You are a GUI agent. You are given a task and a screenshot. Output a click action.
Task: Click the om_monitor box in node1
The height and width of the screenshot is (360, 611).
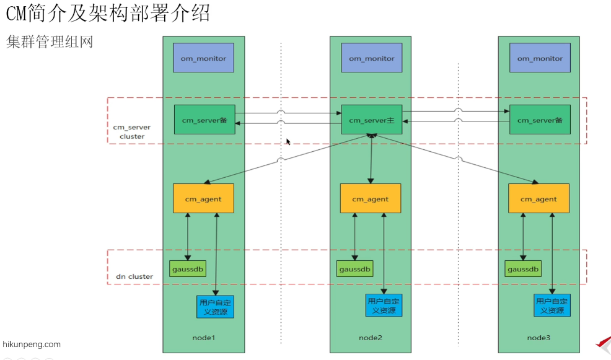204,58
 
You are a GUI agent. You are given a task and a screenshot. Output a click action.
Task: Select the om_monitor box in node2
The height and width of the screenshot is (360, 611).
371,58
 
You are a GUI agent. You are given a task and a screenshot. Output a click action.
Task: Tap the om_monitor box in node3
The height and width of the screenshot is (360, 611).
539,58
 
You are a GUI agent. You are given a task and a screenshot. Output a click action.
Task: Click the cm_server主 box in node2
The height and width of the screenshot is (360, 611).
371,120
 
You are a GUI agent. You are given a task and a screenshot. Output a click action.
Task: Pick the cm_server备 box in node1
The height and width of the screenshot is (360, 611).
204,120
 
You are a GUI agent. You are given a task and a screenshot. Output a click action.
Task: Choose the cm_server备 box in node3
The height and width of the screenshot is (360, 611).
540,120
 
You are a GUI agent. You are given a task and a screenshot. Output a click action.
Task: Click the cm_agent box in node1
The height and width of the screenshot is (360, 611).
203,198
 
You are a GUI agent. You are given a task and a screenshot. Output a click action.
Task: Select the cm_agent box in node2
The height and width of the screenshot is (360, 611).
371,198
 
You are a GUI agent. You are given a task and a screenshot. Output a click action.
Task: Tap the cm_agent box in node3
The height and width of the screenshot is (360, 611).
538,198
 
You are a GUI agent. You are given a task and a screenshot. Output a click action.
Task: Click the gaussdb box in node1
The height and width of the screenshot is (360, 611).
188,269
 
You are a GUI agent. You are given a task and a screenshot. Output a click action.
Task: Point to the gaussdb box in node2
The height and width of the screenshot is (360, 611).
355,269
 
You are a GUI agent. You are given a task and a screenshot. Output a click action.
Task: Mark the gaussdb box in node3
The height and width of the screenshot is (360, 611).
523,269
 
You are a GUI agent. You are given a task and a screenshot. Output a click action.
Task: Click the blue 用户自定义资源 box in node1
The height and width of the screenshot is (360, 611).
215,306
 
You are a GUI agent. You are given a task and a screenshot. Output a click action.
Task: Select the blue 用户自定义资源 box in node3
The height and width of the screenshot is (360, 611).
552,306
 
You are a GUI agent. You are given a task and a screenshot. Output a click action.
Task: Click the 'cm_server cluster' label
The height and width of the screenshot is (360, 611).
131,131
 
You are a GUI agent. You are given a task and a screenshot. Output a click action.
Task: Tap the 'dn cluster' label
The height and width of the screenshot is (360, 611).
134,276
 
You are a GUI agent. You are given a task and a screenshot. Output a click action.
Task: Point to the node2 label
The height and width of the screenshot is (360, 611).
371,337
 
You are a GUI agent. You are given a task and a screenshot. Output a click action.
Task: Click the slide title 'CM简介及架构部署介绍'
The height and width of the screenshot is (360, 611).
108,13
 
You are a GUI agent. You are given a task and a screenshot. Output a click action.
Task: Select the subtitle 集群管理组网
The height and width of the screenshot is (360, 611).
50,42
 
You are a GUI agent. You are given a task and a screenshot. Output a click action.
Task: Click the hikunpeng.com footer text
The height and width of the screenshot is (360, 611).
32,344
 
